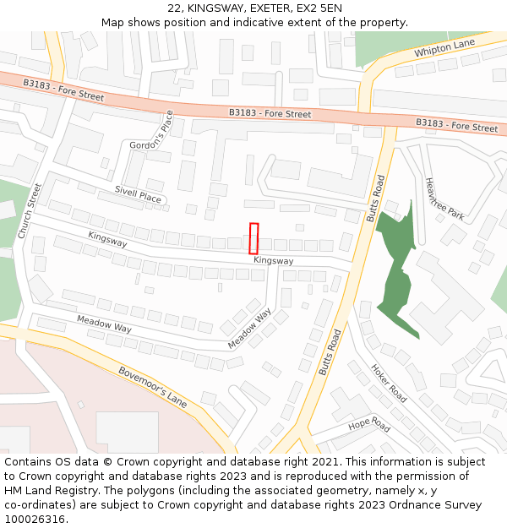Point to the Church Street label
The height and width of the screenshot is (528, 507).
pyautogui.click(x=30, y=210)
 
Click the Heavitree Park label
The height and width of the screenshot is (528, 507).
pyautogui.click(x=444, y=199)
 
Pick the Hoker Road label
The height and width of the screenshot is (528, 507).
pyautogui.click(x=389, y=383)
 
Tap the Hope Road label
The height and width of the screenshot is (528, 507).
pyautogui.click(x=369, y=423)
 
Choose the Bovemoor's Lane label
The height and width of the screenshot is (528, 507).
pyautogui.click(x=153, y=386)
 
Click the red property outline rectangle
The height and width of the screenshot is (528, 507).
pyautogui.click(x=253, y=238)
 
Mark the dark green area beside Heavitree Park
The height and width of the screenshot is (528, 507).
pyautogui.click(x=397, y=270)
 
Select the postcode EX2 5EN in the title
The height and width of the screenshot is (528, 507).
pyautogui.click(x=321, y=8)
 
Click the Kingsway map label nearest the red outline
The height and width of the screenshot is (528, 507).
pyautogui.click(x=273, y=261)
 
